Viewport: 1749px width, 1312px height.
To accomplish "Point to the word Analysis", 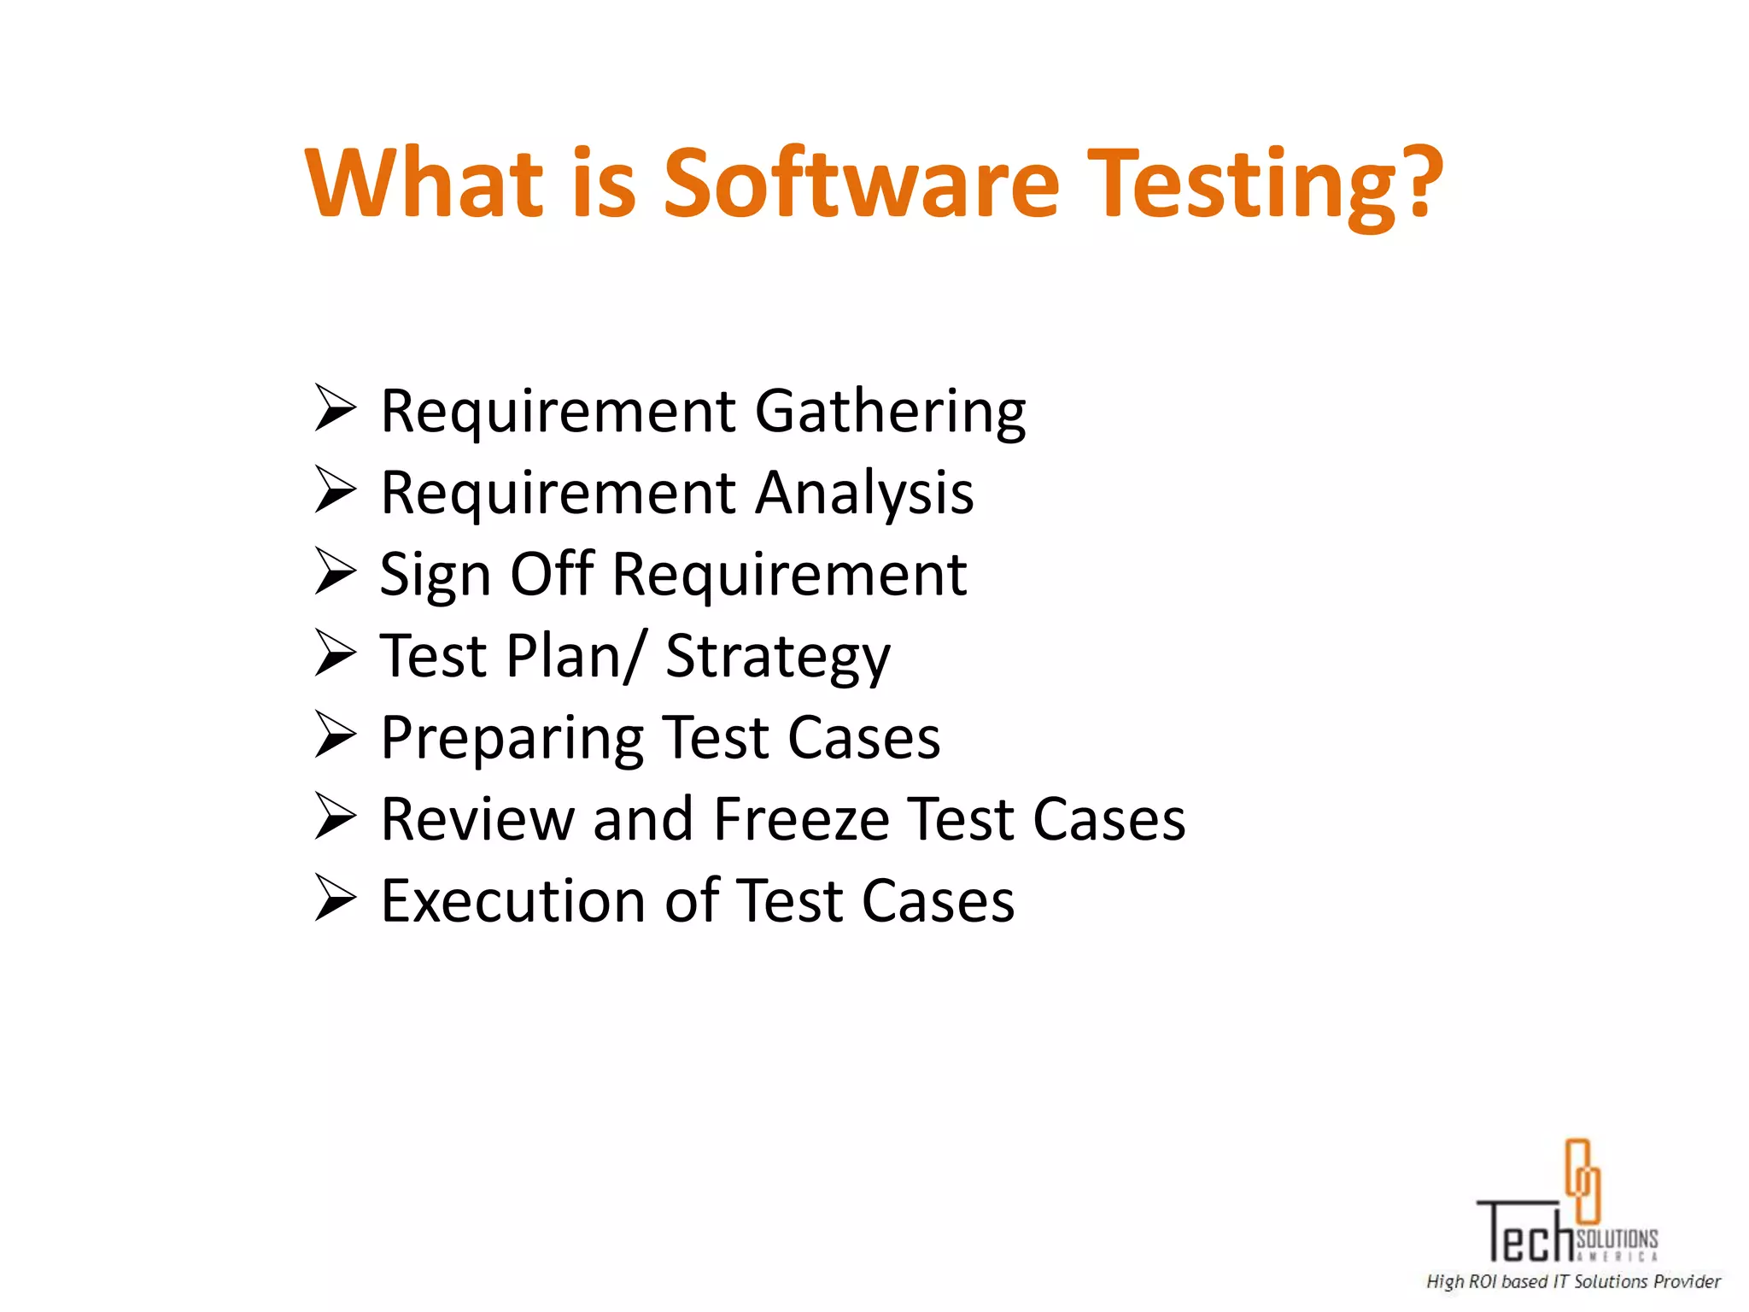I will click(864, 495).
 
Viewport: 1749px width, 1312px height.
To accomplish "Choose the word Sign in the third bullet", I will click(435, 576).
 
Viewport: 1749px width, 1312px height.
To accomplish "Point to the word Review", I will click(477, 819).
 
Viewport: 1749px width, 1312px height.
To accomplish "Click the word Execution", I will click(512, 901).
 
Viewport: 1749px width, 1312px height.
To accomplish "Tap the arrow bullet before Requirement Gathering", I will click(335, 408).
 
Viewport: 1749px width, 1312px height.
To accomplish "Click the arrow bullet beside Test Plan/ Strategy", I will click(335, 653).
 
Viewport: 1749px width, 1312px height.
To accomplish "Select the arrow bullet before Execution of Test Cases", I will click(335, 898).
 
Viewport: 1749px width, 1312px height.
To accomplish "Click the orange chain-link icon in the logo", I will click(1582, 1180).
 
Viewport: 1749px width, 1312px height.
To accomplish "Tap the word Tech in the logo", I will click(1525, 1233).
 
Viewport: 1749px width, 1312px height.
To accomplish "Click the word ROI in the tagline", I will click(1483, 1281).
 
